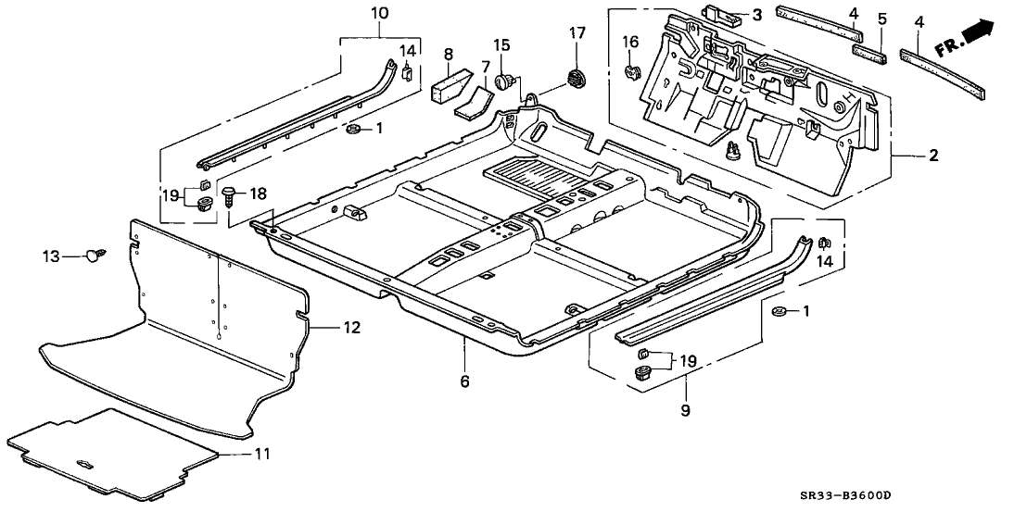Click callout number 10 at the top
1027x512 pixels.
tap(380, 13)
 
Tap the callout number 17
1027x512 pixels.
tap(577, 33)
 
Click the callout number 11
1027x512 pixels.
tap(263, 454)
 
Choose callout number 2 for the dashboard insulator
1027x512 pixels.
tap(933, 156)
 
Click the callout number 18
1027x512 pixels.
tap(259, 194)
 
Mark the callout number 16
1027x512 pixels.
tap(630, 41)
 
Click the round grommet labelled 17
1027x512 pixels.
tap(577, 79)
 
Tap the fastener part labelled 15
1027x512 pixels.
tap(504, 81)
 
